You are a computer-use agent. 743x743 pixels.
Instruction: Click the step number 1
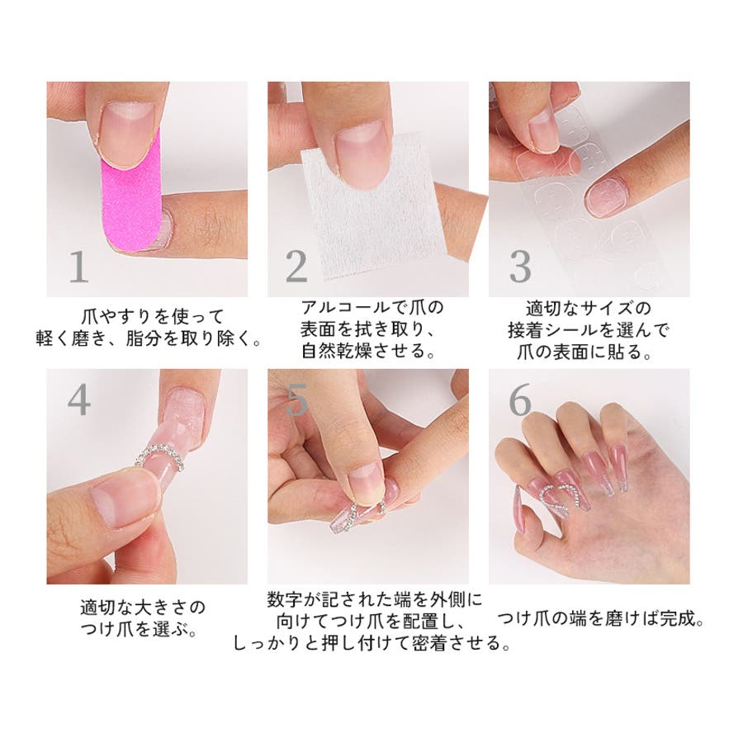point(78,267)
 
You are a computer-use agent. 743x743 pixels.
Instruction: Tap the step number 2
point(296,267)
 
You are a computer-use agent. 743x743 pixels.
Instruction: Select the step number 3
point(519,267)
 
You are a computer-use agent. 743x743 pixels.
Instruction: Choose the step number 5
point(297,400)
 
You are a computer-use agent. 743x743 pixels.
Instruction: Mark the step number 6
point(520,400)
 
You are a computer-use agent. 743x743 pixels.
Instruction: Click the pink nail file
point(131,195)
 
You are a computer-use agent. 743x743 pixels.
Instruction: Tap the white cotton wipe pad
point(373,209)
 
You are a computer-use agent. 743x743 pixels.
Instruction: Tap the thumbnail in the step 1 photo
point(127,134)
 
